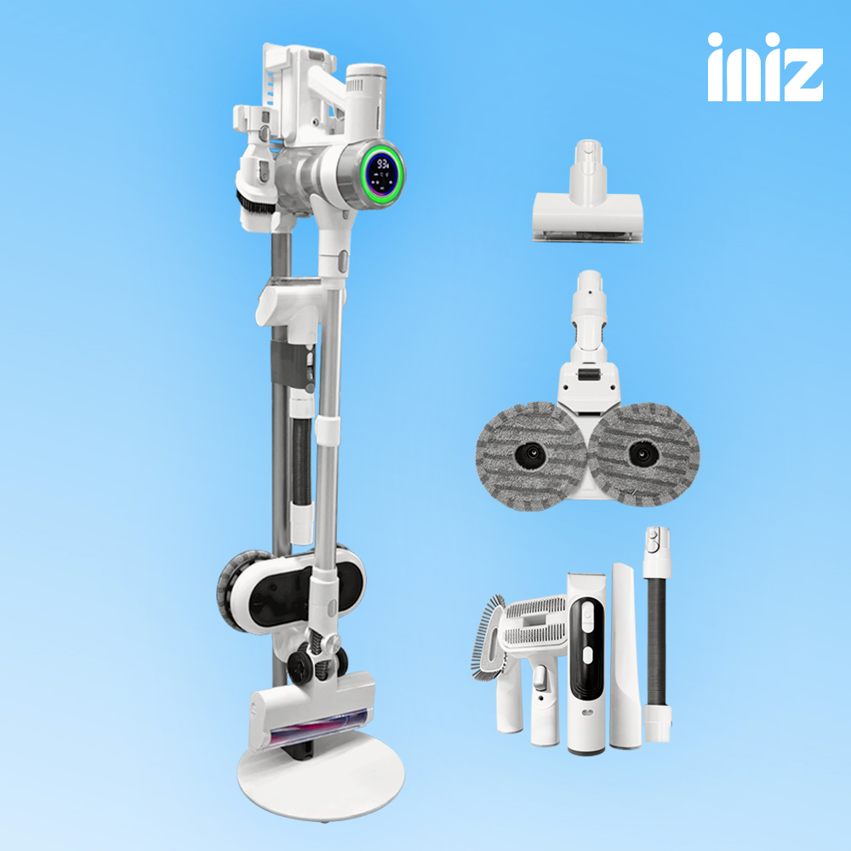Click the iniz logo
(x=765, y=66)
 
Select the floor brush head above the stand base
(x=312, y=711)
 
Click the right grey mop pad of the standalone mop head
(x=643, y=454)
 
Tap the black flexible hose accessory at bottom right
(x=657, y=635)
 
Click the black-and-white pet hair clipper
(x=586, y=663)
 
